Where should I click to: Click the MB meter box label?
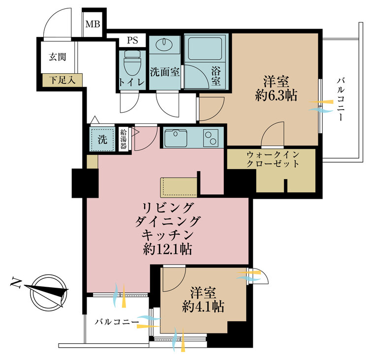click(x=92, y=24)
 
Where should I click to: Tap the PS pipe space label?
click(x=132, y=40)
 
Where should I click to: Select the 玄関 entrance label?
click(x=57, y=57)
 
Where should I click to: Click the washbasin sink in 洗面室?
click(x=163, y=45)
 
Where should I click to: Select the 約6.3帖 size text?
click(x=276, y=95)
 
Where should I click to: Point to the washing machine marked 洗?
click(x=102, y=139)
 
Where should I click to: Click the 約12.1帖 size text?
click(x=167, y=249)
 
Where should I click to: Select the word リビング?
click(x=167, y=207)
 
